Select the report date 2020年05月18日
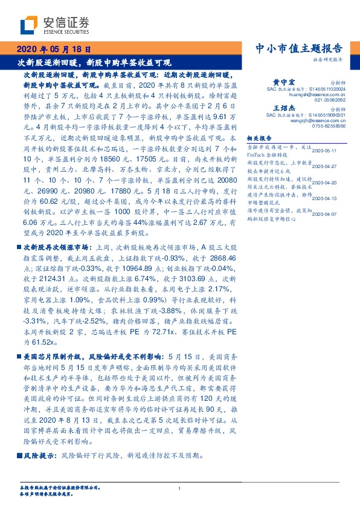[54, 50]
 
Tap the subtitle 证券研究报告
[329, 60]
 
